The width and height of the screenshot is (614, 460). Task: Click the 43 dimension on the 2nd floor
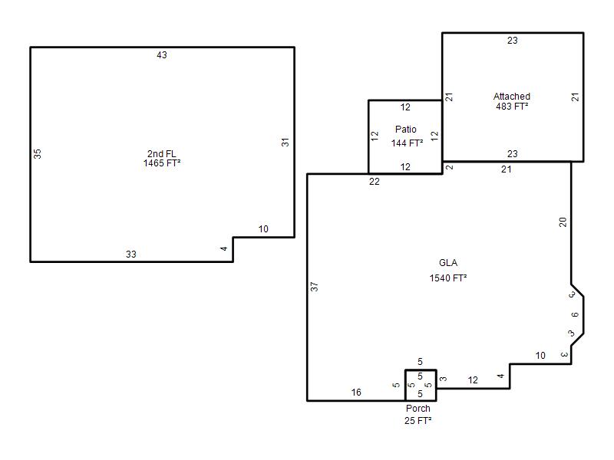(162, 55)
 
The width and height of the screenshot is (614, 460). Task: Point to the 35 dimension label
(37, 154)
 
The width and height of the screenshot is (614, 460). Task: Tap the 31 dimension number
(285, 143)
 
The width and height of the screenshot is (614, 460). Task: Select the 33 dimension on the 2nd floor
(131, 255)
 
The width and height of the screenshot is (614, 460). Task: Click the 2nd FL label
(162, 154)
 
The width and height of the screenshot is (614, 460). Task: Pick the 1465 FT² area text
(162, 163)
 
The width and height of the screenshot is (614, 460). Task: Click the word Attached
(512, 97)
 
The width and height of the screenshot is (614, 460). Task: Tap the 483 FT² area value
(512, 107)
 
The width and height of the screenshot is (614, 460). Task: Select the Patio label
(406, 130)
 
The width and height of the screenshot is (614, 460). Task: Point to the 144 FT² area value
(407, 143)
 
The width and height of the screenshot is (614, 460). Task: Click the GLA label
(448, 263)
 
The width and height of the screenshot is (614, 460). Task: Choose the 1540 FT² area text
(448, 278)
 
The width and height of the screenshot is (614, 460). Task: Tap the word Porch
(418, 409)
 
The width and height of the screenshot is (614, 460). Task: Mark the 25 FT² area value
(418, 420)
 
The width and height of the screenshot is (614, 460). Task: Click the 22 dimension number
(375, 182)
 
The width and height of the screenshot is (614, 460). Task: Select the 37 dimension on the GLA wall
(314, 287)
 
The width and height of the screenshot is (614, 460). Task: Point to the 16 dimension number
(356, 393)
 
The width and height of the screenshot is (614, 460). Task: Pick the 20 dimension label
(563, 222)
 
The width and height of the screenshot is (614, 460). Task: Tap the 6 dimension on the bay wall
(575, 314)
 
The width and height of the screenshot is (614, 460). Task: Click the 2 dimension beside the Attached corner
(450, 167)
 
